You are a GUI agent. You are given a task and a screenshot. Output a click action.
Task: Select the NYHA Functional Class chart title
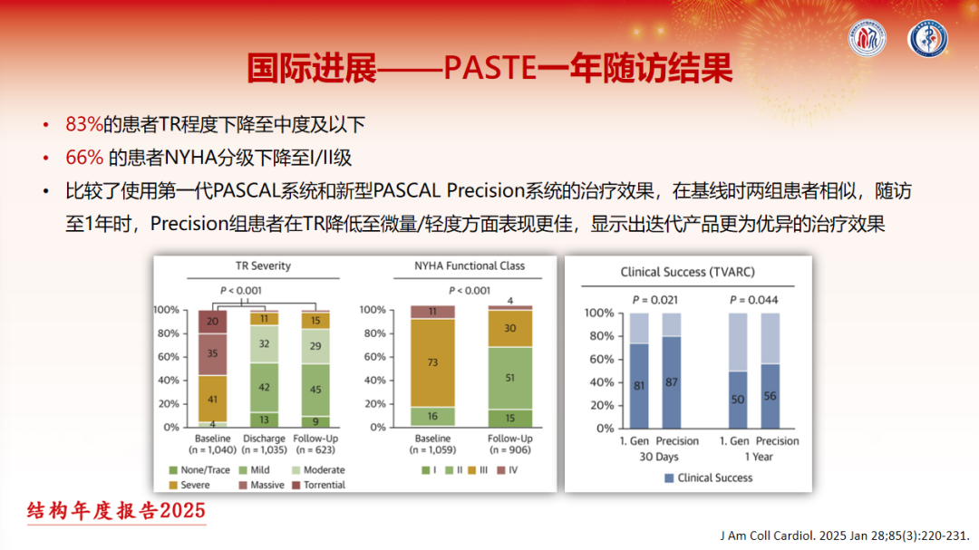point(469,266)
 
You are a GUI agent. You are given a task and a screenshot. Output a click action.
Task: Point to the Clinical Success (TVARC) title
point(687,271)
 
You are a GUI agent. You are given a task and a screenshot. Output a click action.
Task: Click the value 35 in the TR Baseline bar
point(211,354)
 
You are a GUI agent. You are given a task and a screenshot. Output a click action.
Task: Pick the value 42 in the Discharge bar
point(264,387)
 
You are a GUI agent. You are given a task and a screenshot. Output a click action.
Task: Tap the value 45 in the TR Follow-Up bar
point(315,391)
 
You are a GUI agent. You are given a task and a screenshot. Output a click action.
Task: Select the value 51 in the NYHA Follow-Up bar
point(510,379)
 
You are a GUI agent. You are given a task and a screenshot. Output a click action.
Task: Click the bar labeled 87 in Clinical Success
point(672,382)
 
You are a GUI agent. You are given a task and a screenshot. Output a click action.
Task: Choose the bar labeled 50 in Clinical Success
point(738,399)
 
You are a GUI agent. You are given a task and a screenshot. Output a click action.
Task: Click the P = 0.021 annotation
point(655,299)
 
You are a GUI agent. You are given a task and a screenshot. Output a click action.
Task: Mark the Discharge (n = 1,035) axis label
point(264,444)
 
